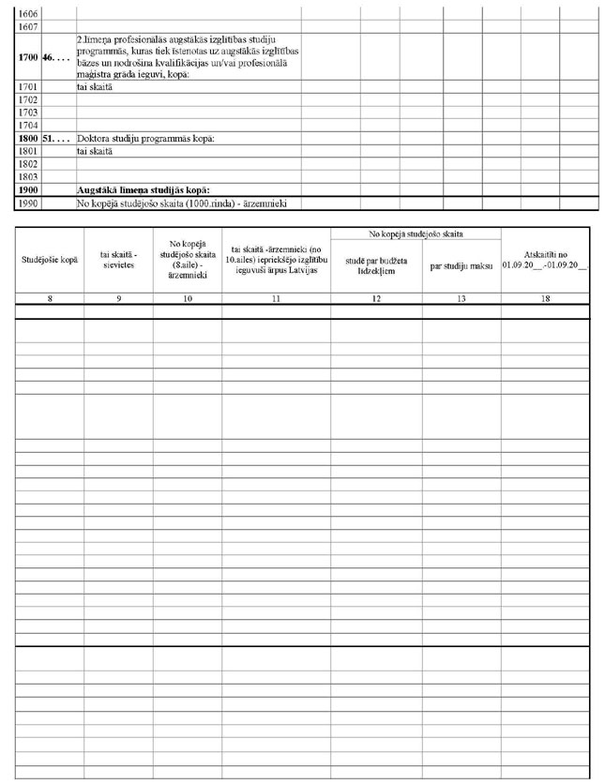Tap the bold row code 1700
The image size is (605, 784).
click(27, 57)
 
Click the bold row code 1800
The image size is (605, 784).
click(27, 138)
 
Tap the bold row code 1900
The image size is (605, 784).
click(27, 189)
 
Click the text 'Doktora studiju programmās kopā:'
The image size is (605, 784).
click(146, 138)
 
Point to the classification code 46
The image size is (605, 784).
click(53, 57)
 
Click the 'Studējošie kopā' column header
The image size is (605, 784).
click(51, 258)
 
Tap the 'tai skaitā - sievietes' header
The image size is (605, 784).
click(119, 258)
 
